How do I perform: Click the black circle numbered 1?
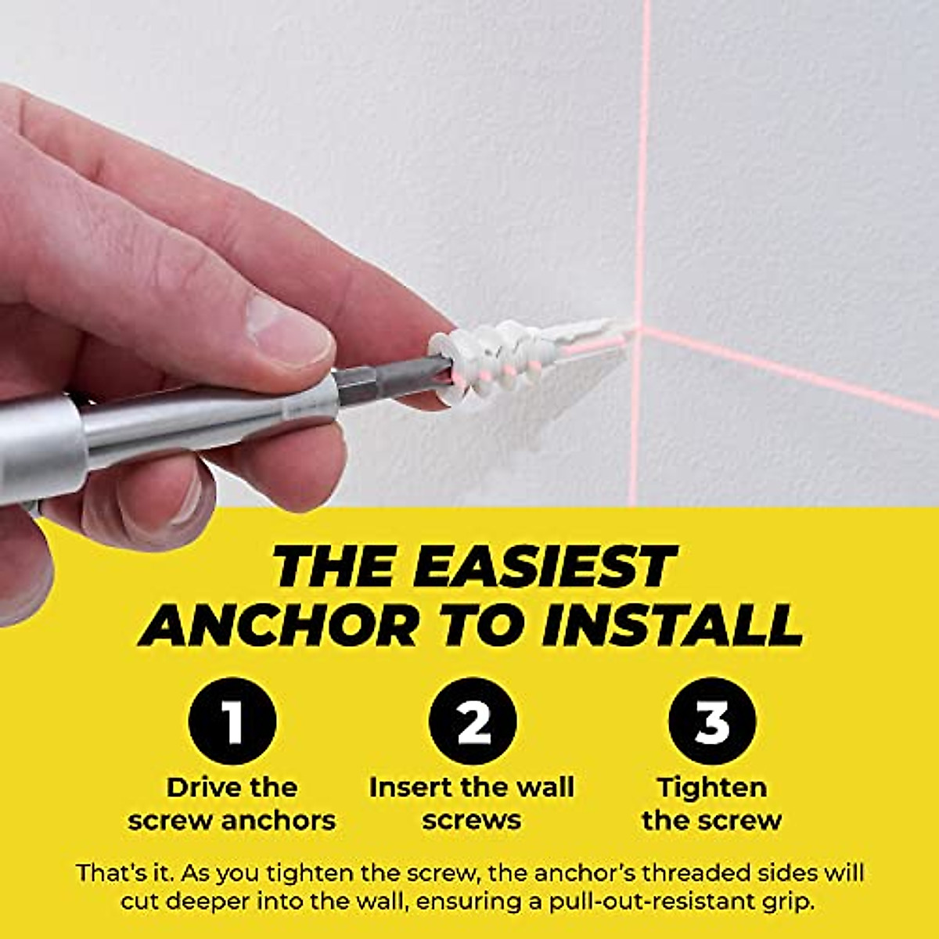coord(232,721)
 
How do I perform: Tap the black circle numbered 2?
coord(473,721)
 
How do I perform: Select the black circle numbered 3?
coord(712,721)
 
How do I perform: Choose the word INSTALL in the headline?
coord(671,626)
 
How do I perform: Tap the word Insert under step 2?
coord(411,786)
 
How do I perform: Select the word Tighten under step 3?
coord(712,788)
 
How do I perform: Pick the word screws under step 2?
coord(472,821)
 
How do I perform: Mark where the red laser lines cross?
coord(637,329)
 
